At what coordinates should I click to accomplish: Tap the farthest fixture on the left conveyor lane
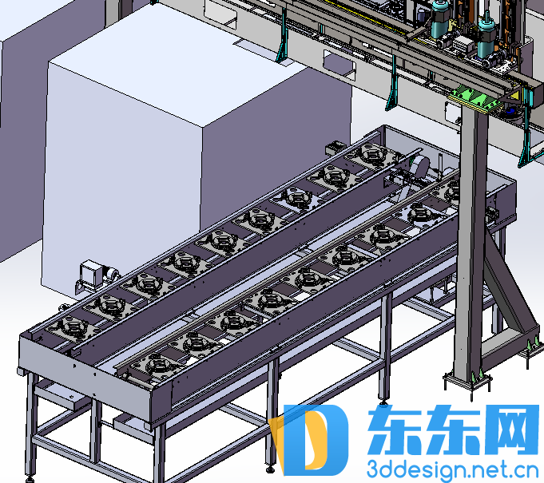click(372, 153)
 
